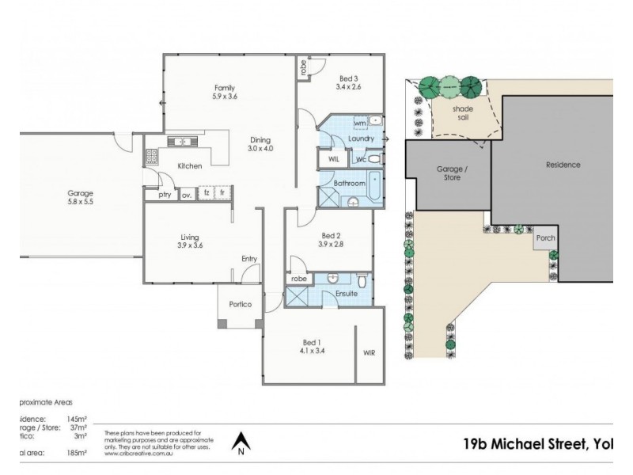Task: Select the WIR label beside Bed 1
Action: [x=370, y=352]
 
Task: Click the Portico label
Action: [x=241, y=305]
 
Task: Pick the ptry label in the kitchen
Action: [x=165, y=194]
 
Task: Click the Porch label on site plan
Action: [x=545, y=238]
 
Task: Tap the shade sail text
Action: [x=462, y=112]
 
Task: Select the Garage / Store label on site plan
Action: [x=449, y=173]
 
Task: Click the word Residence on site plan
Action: [x=563, y=165]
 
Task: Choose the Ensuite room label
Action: [x=347, y=294]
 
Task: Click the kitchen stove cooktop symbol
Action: [x=150, y=156]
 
